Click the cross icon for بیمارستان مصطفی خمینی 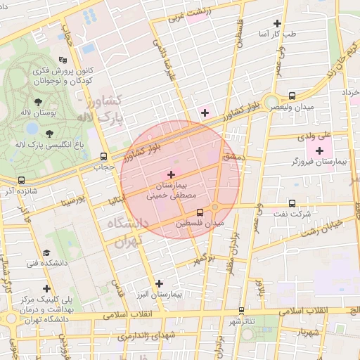pyautogui.click(x=171, y=174)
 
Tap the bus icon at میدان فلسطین pyautogui.click(x=200, y=212)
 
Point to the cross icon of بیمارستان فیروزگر pyautogui.click(x=320, y=150)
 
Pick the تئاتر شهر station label pyautogui.click(x=241, y=321)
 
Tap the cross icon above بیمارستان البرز pyautogui.click(x=160, y=283)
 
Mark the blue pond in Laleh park pyautogui.click(x=32, y=129)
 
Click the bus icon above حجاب pyautogui.click(x=104, y=157)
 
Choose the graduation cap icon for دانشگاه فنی pyautogui.click(x=46, y=252)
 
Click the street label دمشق pyautogui.click(x=234, y=157)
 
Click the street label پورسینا pyautogui.click(x=72, y=202)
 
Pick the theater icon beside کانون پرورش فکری pyautogui.click(x=63, y=60)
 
